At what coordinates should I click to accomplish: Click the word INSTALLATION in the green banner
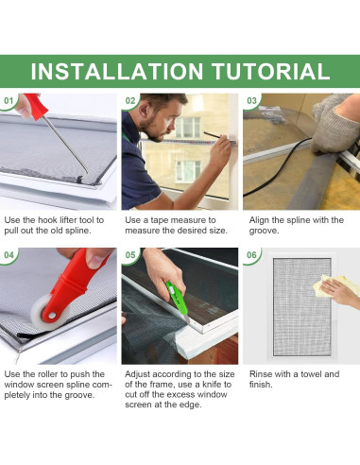pyautogui.click(x=117, y=72)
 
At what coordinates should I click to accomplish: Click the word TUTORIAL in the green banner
pyautogui.click(x=271, y=72)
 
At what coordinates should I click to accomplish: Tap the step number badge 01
pyautogui.click(x=9, y=101)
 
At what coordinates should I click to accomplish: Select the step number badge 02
pyautogui.click(x=130, y=101)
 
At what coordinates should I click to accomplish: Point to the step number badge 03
pyautogui.click(x=251, y=101)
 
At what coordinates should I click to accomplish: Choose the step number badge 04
pyautogui.click(x=9, y=255)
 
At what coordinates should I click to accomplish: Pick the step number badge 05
pyautogui.click(x=130, y=255)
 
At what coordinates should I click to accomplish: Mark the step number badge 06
pyautogui.click(x=251, y=255)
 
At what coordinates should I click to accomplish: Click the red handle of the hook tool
pyautogui.click(x=36, y=106)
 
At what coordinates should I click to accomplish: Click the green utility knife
pyautogui.click(x=177, y=300)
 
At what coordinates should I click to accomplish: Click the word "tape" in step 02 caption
pyautogui.click(x=160, y=220)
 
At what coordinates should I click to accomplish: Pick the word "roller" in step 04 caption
pyautogui.click(x=48, y=374)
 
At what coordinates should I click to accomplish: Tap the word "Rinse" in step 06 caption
pyautogui.click(x=260, y=374)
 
